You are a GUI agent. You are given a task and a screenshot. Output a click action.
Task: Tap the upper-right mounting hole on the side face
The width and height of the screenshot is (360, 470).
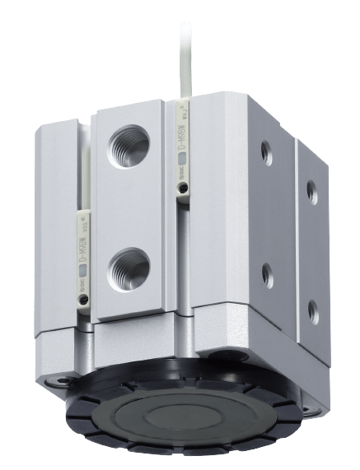[311, 190]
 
